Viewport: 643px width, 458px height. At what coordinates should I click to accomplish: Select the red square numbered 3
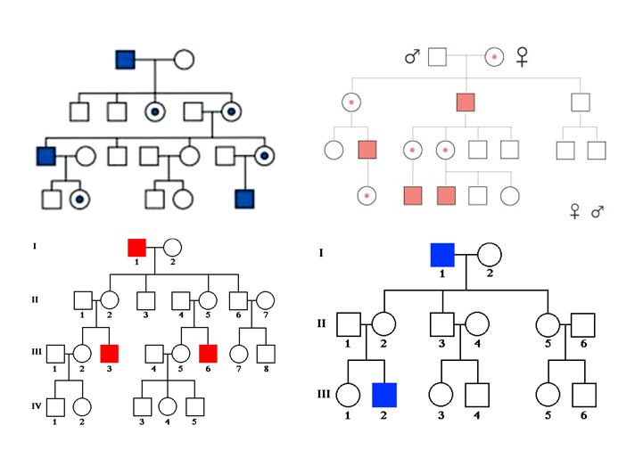(110, 353)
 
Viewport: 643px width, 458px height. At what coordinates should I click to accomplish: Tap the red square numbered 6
(209, 353)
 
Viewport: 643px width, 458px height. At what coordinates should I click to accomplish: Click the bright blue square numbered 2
(385, 393)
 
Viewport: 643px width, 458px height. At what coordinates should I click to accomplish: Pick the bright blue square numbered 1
(442, 255)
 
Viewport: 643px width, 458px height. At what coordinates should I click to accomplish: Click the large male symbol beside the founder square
(411, 57)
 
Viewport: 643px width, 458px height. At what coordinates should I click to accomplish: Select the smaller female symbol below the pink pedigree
(575, 211)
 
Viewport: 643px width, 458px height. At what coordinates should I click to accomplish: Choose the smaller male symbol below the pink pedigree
(598, 211)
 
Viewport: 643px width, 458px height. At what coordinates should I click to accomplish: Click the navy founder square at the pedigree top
(126, 60)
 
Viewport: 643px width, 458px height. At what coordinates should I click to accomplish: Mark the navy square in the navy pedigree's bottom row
(243, 198)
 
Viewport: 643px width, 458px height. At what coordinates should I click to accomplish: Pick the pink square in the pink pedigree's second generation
(465, 102)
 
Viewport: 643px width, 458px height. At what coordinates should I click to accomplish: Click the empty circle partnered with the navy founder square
(182, 60)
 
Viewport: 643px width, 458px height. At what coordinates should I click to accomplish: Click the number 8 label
(264, 369)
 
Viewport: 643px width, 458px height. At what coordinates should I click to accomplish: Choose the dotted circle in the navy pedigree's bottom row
(80, 198)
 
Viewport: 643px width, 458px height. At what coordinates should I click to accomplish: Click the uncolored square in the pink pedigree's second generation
(581, 102)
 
